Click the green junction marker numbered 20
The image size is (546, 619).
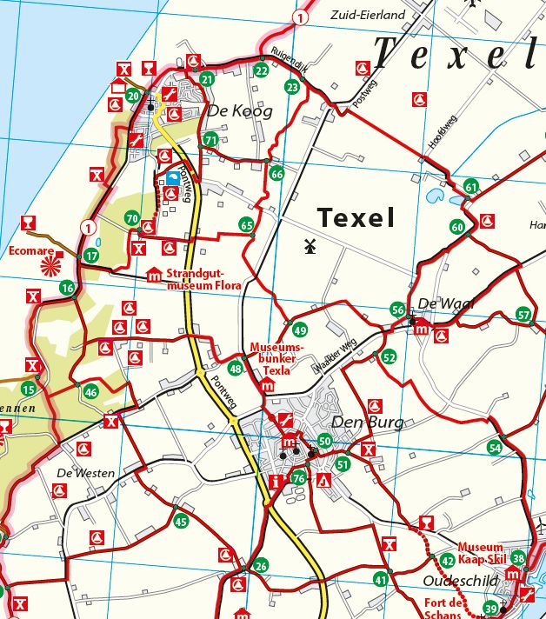[133, 96]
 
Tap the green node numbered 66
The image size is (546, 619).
[276, 173]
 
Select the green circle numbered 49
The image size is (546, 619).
[300, 330]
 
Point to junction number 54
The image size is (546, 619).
[495, 447]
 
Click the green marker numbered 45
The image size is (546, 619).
[180, 522]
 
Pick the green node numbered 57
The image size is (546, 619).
[523, 315]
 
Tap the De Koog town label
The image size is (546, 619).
[239, 111]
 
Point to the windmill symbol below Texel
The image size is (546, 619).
[307, 246]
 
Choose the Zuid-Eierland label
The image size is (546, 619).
[370, 16]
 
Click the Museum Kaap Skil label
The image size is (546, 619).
[481, 554]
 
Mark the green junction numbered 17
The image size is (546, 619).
[91, 256]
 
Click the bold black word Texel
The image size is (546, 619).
[356, 217]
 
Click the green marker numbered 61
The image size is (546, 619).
[471, 187]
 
